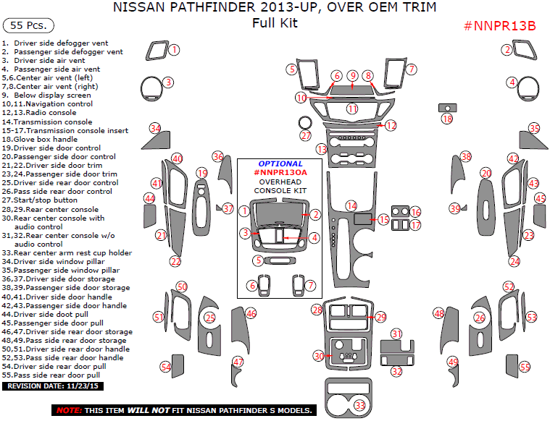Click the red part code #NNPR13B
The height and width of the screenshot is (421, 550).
point(499,26)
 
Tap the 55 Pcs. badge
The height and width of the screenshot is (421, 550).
point(28,25)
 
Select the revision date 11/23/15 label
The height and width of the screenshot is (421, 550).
point(54,387)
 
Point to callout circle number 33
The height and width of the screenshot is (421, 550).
point(360,406)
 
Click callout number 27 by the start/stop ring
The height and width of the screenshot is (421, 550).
point(306,136)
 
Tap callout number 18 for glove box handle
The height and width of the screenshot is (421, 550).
point(447,119)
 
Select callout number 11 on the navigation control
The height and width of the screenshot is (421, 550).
point(351,109)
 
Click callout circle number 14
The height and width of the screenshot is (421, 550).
point(351,205)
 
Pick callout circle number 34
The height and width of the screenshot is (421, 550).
point(155,128)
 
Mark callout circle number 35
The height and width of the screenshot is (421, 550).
point(534,128)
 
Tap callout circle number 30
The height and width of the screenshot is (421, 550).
point(319,356)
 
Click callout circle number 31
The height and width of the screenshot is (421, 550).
point(396,333)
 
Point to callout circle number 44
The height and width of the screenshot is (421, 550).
point(150,198)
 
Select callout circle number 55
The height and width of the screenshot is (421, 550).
point(525,367)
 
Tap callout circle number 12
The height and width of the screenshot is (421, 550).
point(391,126)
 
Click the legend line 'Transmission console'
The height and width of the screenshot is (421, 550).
point(47,122)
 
